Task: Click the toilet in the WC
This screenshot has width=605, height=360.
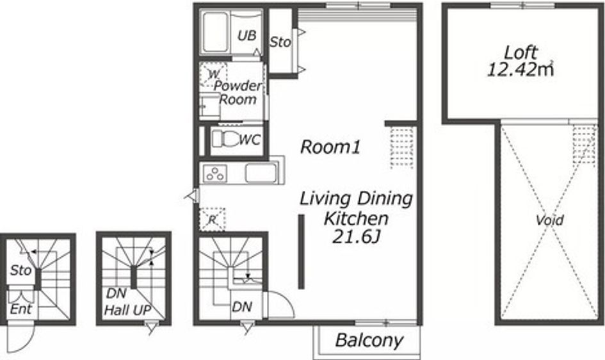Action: point(225,138)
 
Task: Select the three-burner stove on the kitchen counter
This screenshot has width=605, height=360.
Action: point(215,173)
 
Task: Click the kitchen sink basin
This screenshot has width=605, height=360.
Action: point(261,173)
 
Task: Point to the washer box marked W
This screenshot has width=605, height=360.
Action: point(213,74)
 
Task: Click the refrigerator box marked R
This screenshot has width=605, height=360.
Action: point(212,220)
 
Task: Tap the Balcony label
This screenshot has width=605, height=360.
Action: point(369,341)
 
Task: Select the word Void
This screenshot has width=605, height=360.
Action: point(549,220)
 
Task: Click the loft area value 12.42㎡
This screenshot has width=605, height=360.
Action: point(520,70)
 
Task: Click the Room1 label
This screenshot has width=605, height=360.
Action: point(330,147)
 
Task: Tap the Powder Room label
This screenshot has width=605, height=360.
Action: point(238,93)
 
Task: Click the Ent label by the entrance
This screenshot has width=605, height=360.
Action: point(21,309)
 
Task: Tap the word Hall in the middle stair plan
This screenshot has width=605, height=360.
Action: point(117,310)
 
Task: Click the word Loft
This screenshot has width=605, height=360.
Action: point(520,53)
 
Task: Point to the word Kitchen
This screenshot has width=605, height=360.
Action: point(356,218)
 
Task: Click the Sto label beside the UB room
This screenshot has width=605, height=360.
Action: point(280,42)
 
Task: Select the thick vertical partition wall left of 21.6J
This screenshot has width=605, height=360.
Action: point(302,252)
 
